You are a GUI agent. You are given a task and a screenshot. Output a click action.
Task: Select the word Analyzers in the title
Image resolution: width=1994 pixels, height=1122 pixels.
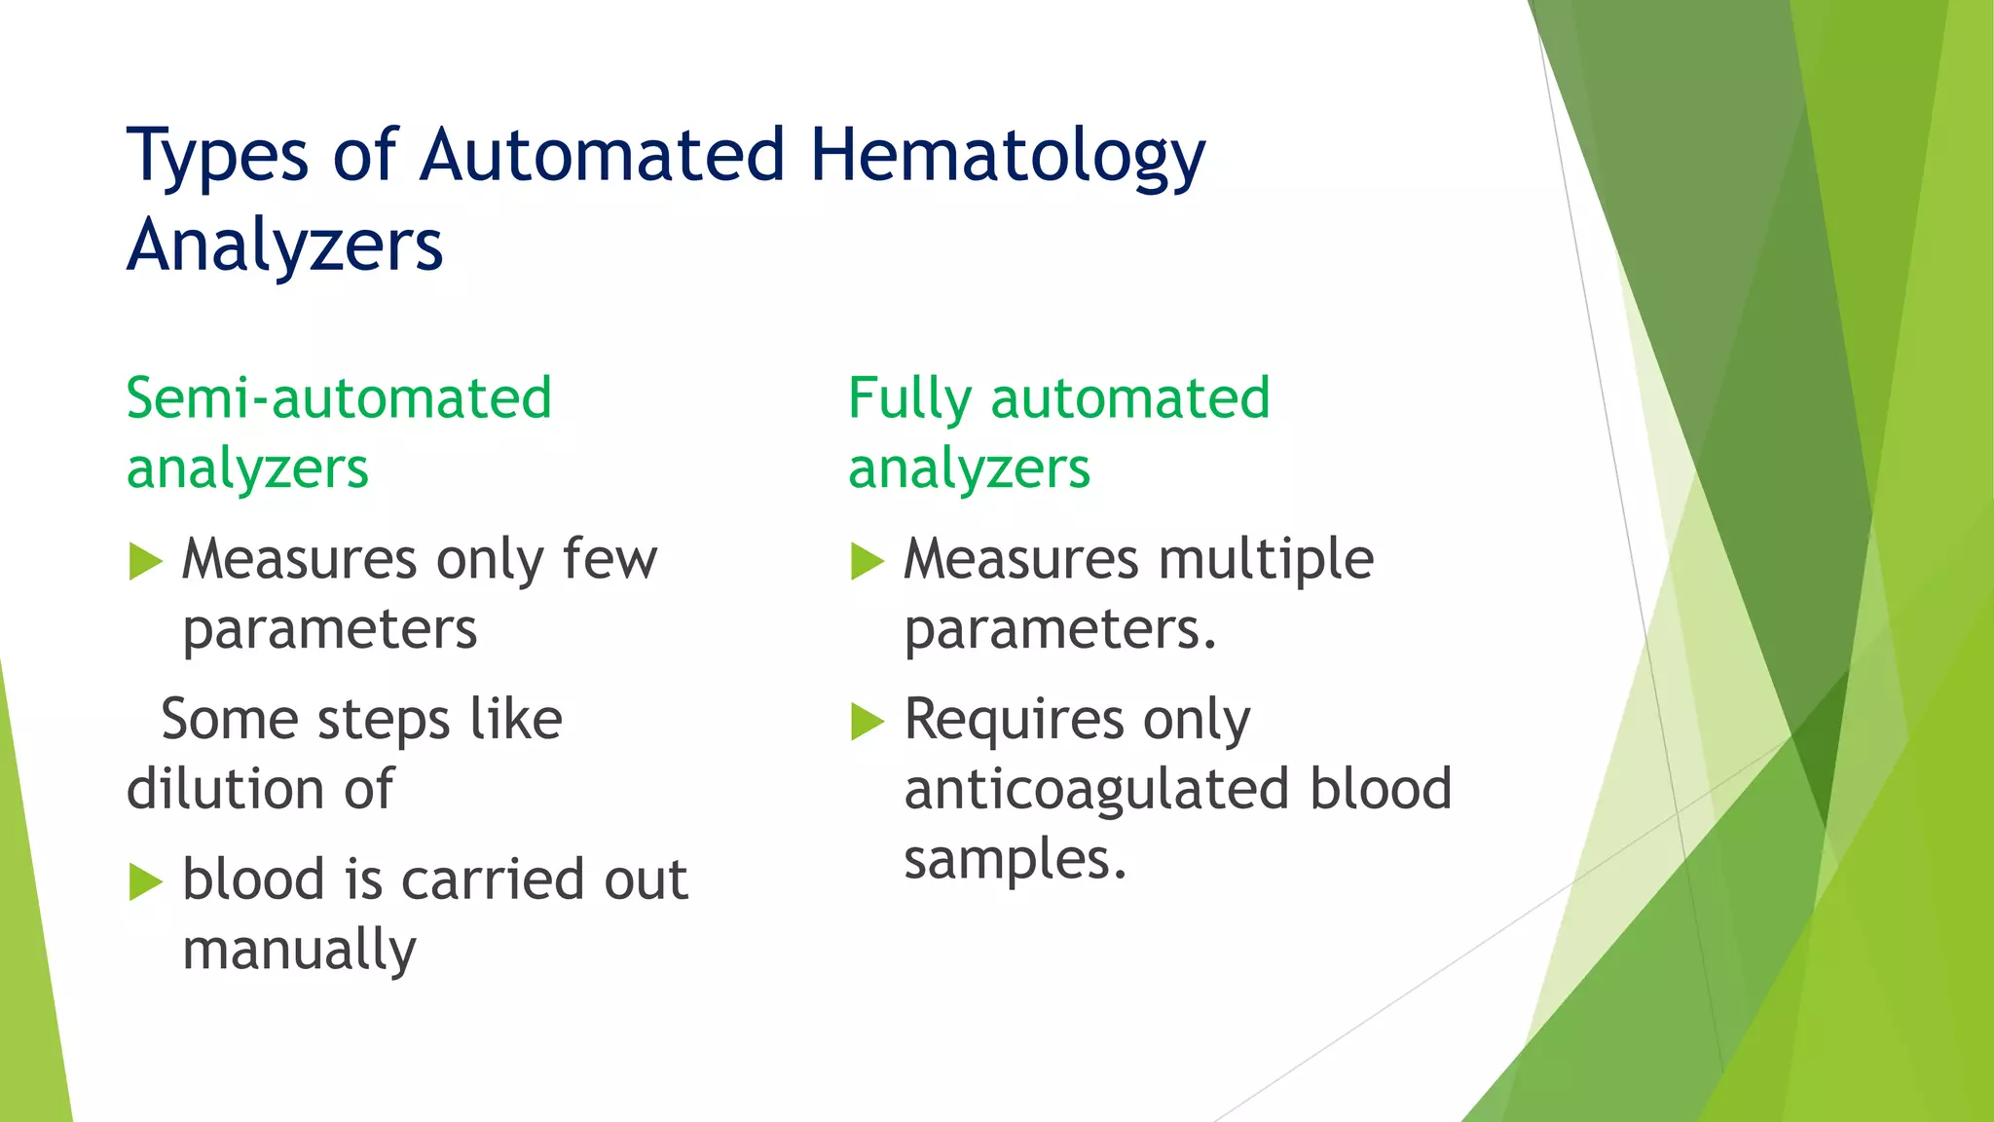click(285, 245)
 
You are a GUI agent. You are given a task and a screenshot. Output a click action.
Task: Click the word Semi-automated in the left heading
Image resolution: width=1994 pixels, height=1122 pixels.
click(339, 399)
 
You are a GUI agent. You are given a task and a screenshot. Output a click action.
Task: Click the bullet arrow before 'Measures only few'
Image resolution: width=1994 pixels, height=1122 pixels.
click(145, 562)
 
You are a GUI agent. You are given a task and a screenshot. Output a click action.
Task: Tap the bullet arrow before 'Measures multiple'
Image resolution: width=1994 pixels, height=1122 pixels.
click(867, 562)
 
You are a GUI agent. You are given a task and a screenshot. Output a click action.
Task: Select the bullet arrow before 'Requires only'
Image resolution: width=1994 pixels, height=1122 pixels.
click(867, 722)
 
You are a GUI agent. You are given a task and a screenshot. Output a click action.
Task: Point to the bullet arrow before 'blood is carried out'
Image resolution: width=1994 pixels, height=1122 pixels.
click(145, 882)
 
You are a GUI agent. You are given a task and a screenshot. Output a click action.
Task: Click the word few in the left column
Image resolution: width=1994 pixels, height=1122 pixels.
click(610, 560)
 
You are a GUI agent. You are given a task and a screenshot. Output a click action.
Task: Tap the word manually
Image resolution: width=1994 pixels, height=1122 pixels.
click(299, 951)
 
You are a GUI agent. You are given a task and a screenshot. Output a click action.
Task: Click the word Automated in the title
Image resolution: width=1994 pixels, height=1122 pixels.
click(603, 156)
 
